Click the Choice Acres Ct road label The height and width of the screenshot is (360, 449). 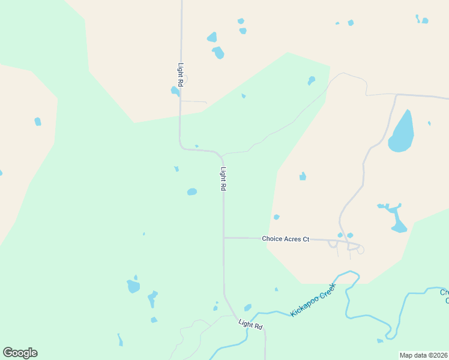click(x=285, y=239)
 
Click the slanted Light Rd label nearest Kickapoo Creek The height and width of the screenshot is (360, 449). click(x=250, y=325)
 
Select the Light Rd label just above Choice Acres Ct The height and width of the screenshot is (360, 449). click(x=223, y=179)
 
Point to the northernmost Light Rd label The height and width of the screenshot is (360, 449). click(x=180, y=75)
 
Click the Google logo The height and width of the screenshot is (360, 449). click(x=20, y=353)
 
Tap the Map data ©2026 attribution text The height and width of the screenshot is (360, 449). click(x=423, y=355)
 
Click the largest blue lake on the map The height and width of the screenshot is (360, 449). click(x=402, y=132)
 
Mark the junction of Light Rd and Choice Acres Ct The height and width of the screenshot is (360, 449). click(x=224, y=238)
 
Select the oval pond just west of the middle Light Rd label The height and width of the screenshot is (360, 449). click(x=191, y=192)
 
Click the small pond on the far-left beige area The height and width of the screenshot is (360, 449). click(x=38, y=122)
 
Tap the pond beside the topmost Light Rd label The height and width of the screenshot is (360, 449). click(x=175, y=91)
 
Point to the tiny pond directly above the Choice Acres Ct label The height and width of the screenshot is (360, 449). click(x=276, y=217)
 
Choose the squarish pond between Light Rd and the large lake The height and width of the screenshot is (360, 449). click(x=303, y=176)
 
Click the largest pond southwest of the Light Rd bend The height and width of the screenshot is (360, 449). click(x=133, y=286)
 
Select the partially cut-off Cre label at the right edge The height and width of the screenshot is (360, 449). click(x=444, y=293)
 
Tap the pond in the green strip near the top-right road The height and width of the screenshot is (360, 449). click(x=311, y=80)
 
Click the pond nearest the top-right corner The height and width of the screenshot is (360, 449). click(x=425, y=20)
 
